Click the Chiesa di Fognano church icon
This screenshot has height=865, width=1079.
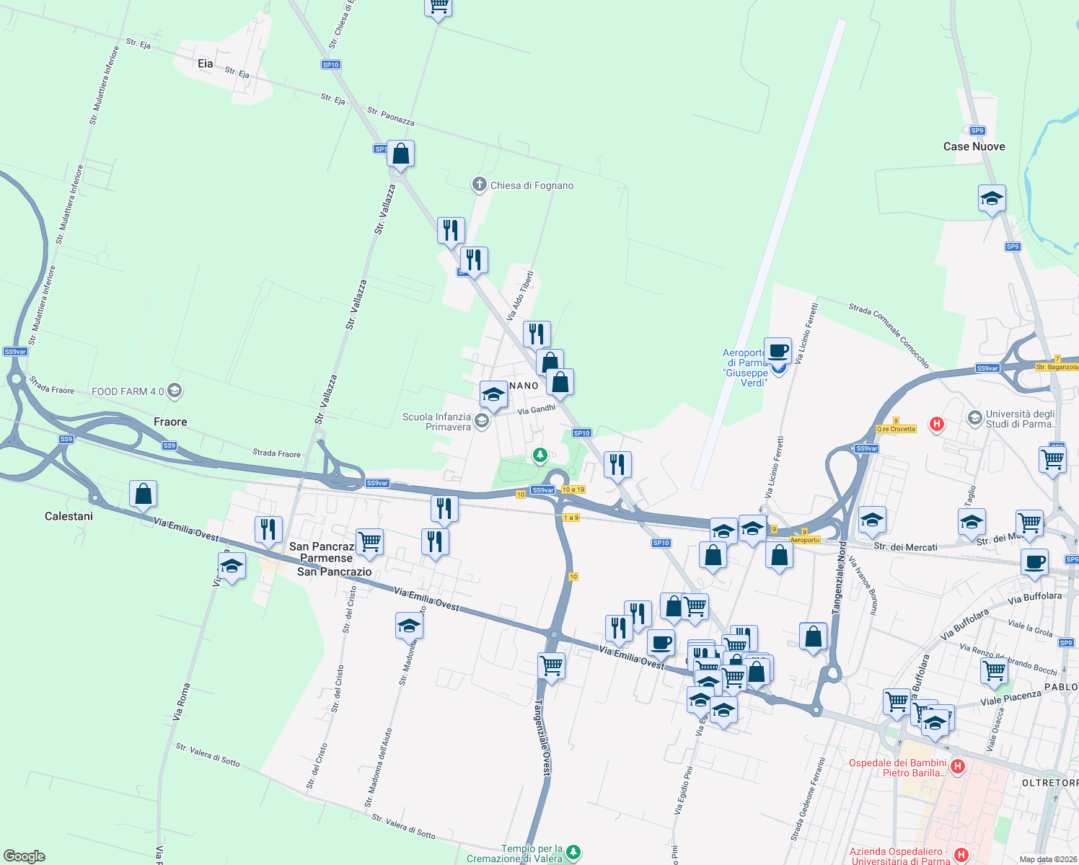(x=479, y=185)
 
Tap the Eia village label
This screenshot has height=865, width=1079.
(x=206, y=63)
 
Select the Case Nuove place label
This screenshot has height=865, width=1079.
(x=974, y=146)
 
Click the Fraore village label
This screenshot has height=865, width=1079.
(x=170, y=422)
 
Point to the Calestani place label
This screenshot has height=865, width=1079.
(x=69, y=516)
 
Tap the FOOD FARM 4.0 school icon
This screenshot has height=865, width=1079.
(x=174, y=391)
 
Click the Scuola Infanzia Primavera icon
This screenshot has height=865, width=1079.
(x=483, y=422)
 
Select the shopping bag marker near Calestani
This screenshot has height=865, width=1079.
(x=144, y=494)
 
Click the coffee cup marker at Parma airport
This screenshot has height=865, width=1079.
(x=778, y=351)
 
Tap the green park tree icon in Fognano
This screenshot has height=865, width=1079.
(x=539, y=455)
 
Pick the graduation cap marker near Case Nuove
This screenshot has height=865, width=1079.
(x=992, y=198)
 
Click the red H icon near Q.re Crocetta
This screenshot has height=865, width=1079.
(x=937, y=424)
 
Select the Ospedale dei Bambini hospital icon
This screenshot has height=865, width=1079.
(x=958, y=766)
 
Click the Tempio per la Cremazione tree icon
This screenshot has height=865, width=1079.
(x=573, y=853)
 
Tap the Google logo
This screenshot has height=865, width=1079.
(x=24, y=856)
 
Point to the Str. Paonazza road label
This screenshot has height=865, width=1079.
(x=391, y=116)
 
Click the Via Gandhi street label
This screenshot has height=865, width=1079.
(x=537, y=409)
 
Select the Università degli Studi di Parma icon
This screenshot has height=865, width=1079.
(x=975, y=418)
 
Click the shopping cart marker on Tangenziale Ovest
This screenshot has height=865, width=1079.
(x=551, y=665)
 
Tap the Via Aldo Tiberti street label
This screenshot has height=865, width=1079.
(x=520, y=296)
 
